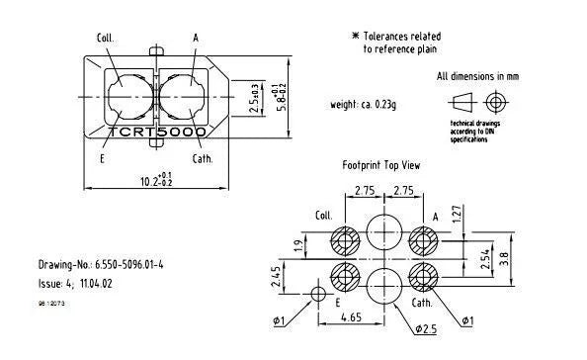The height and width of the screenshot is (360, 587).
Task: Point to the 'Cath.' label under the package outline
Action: click(x=202, y=157)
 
